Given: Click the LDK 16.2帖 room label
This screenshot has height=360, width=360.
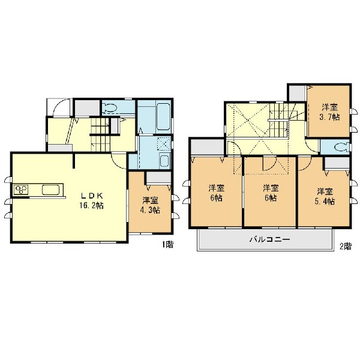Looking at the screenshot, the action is [x=92, y=200].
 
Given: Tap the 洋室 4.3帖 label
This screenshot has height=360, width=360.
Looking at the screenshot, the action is [x=151, y=205].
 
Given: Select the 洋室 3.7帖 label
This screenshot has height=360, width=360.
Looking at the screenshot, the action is [x=329, y=112].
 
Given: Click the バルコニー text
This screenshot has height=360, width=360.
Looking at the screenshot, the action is [x=270, y=239].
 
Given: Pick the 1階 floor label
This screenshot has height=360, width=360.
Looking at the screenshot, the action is [x=168, y=245].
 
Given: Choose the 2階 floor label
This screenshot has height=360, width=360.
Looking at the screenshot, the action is [x=346, y=247].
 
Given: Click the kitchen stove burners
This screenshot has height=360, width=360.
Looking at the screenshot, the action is [x=21, y=190].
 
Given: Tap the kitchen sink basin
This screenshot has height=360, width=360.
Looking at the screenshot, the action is [x=50, y=190].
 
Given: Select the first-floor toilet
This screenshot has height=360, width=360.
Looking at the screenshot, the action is [x=110, y=107].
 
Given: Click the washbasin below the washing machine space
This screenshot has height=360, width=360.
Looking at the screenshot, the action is [x=164, y=161].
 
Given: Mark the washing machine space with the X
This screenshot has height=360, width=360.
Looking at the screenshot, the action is [x=164, y=145].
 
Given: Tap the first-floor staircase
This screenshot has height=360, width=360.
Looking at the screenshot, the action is [x=100, y=134].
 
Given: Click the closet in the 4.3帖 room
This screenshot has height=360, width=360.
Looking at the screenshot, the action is [x=158, y=178].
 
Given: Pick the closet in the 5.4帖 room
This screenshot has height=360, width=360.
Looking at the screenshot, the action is [x=337, y=163].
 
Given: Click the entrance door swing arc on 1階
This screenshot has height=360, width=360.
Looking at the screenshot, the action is [x=61, y=107].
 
